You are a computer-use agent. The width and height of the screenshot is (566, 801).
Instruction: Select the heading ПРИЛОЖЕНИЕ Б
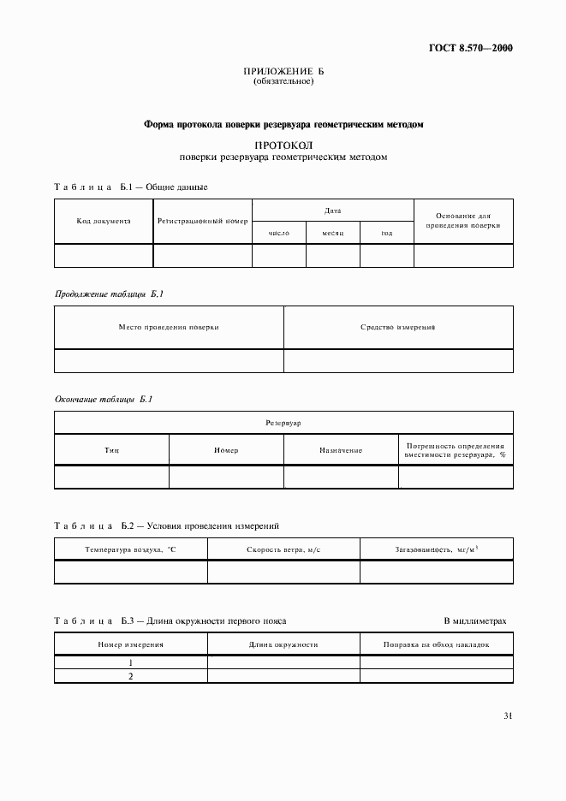(283, 72)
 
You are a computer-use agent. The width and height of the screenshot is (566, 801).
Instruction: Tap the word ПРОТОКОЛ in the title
(283, 145)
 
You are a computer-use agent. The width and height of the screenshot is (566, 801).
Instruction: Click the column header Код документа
(104, 221)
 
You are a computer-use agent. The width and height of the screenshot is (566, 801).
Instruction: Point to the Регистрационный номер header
(202, 221)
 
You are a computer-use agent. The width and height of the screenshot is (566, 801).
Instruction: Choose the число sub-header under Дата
(279, 232)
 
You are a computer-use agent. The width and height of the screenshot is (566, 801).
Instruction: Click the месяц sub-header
(333, 232)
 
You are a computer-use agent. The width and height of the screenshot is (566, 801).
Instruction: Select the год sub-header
(387, 232)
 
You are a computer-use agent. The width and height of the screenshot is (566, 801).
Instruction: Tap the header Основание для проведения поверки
(463, 221)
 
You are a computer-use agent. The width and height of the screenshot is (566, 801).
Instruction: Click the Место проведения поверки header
(169, 327)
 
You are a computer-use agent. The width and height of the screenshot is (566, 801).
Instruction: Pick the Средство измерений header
(398, 327)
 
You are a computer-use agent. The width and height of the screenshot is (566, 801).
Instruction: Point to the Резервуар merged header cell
(283, 423)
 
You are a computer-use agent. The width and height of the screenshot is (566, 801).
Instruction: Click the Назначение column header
(341, 450)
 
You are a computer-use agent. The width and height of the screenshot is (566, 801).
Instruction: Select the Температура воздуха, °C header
(130, 549)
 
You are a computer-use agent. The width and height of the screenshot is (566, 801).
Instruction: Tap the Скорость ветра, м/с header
(283, 549)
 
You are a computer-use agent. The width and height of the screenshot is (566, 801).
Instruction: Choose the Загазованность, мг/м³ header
(437, 549)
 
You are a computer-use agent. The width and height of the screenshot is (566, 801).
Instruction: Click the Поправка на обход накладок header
(437, 644)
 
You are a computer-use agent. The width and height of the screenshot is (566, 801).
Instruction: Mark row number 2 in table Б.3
(131, 676)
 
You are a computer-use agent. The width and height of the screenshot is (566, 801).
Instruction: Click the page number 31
(508, 715)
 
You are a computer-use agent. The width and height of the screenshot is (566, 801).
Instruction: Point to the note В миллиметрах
(475, 620)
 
